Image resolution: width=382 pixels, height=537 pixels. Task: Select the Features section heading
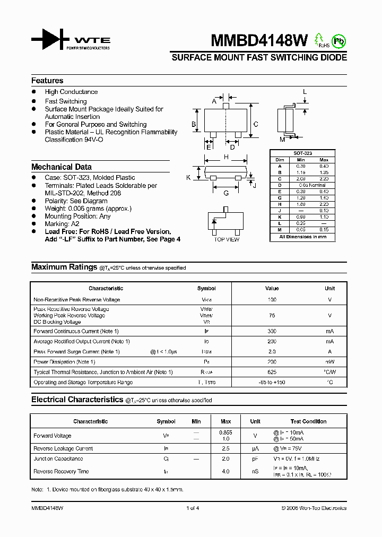click(47, 81)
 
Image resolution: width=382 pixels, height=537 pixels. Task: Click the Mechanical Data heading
click(62, 167)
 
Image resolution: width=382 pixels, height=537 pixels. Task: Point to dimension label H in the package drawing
click(226, 157)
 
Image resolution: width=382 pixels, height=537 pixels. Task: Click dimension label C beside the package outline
click(256, 125)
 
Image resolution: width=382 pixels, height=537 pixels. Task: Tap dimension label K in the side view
click(188, 177)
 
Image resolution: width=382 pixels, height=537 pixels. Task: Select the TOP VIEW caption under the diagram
click(227, 240)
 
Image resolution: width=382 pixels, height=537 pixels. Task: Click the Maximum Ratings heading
click(64, 267)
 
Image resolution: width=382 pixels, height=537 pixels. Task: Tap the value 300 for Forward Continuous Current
click(272, 331)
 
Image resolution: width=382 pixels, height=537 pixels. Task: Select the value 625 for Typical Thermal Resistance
click(272, 372)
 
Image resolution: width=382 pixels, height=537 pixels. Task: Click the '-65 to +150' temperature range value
click(272, 382)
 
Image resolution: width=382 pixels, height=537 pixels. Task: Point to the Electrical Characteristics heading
click(77, 400)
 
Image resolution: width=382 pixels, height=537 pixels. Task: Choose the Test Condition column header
click(309, 421)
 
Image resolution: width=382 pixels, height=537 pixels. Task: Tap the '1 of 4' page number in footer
click(193, 508)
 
